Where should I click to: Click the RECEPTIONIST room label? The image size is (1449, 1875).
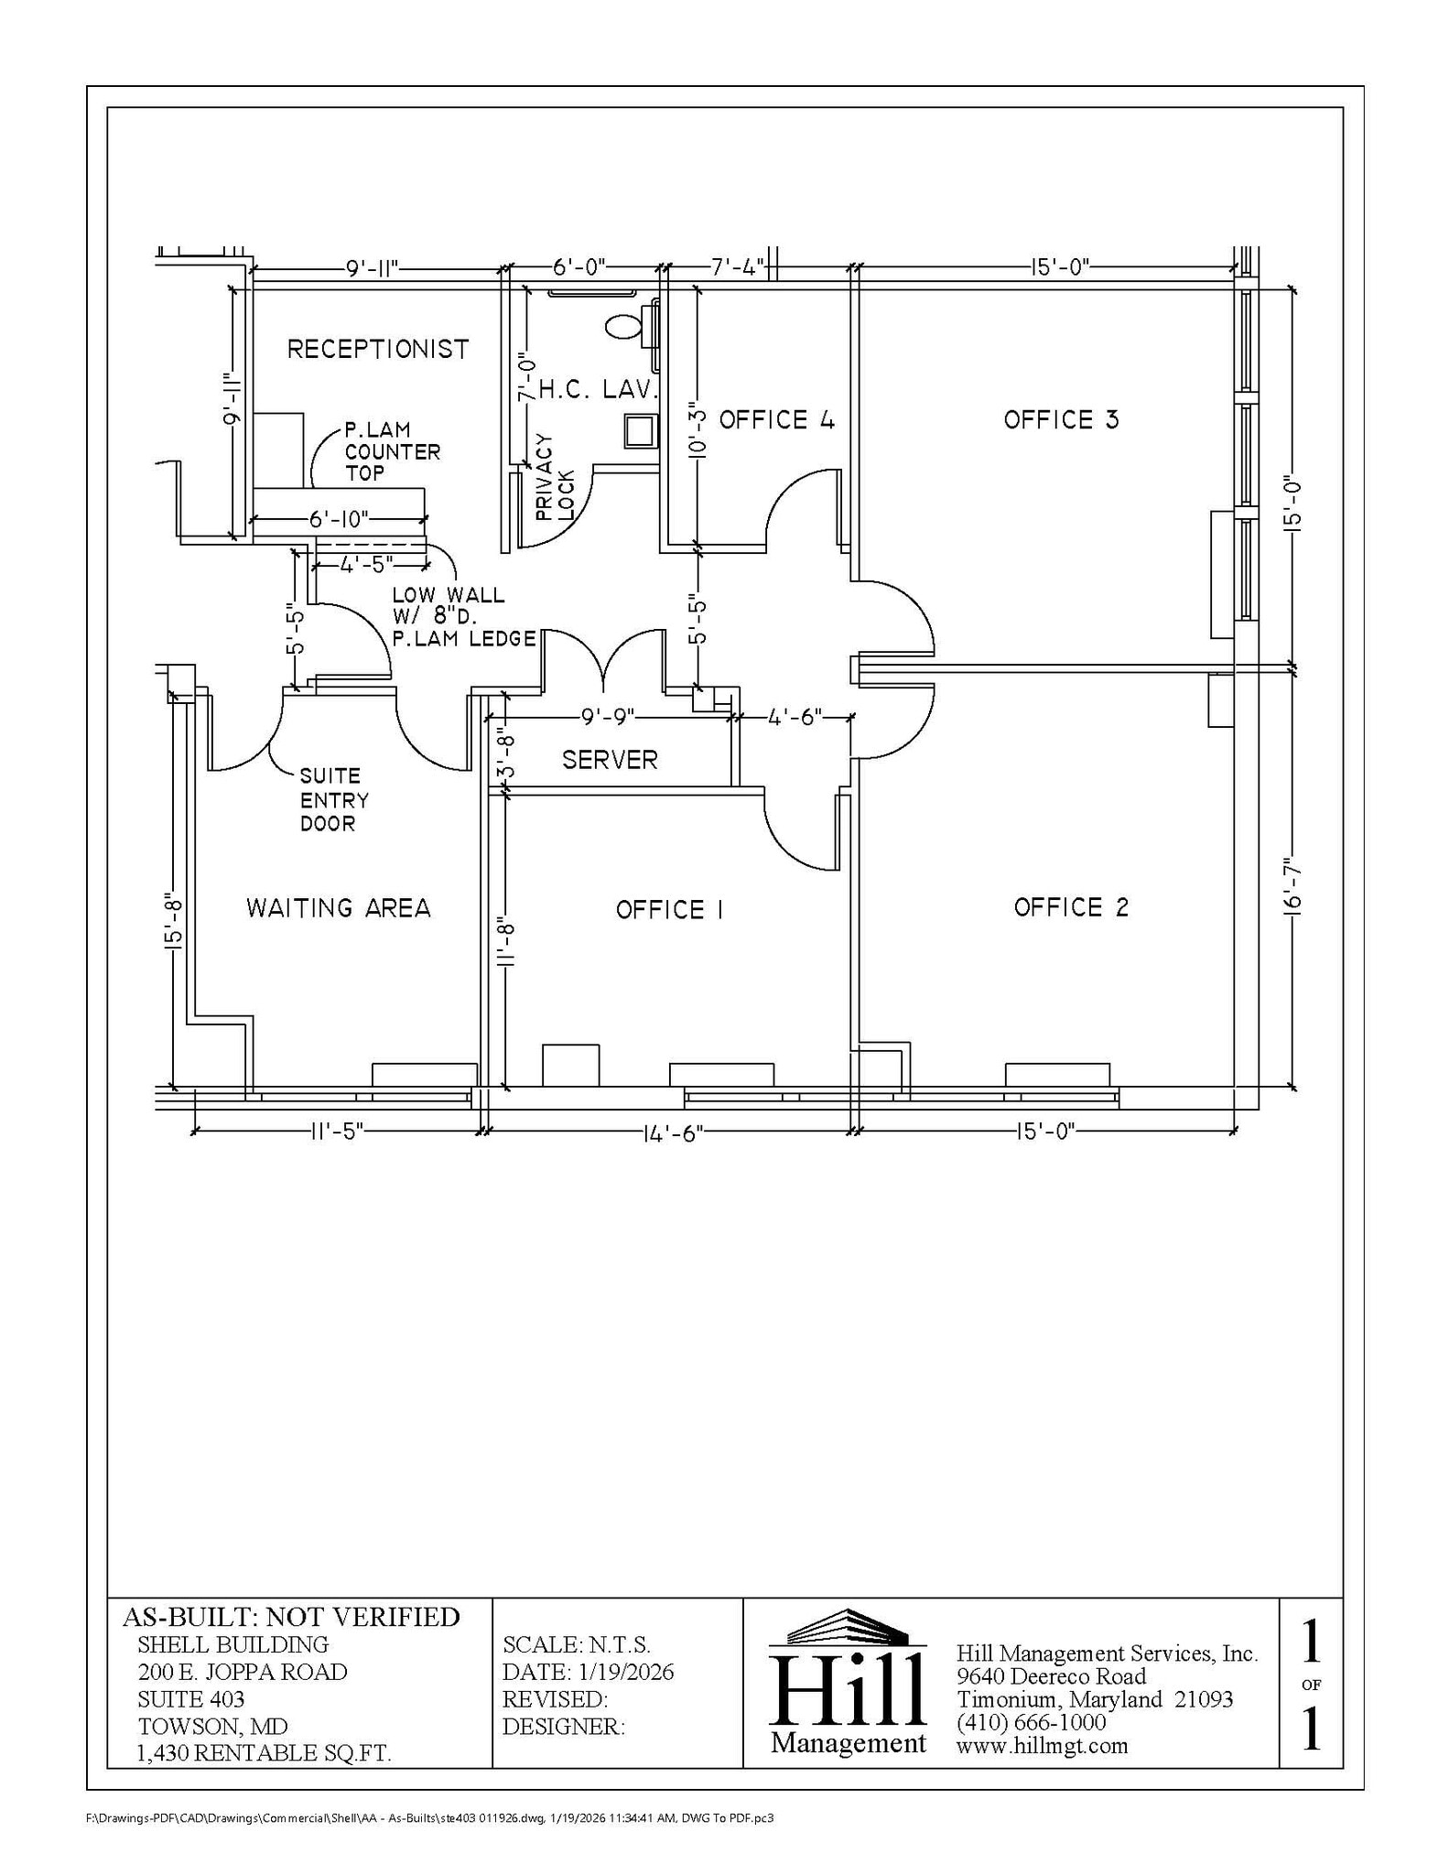click(378, 349)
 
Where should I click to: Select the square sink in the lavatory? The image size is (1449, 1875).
click(641, 430)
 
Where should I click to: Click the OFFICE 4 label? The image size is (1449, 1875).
click(776, 420)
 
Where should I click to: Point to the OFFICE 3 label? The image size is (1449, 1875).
click(1061, 420)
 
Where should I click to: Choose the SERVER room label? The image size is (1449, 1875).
click(610, 760)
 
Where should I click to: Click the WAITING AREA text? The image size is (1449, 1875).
click(338, 908)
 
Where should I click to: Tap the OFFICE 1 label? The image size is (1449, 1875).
click(669, 910)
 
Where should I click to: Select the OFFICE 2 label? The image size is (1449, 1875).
click(1071, 907)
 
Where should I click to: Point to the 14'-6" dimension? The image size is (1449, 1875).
click(673, 1133)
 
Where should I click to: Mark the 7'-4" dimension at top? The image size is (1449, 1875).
click(738, 267)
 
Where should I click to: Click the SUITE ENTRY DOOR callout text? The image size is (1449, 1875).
click(334, 800)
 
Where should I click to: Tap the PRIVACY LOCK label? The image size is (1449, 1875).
click(555, 479)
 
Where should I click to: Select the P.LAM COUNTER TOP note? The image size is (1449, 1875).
click(392, 451)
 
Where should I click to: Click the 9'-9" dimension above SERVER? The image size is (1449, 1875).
click(609, 717)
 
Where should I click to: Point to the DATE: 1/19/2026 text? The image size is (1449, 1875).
click(588, 1672)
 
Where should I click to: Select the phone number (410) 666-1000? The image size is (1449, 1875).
click(1031, 1722)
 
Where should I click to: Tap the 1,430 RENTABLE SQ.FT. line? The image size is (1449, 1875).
click(264, 1753)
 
